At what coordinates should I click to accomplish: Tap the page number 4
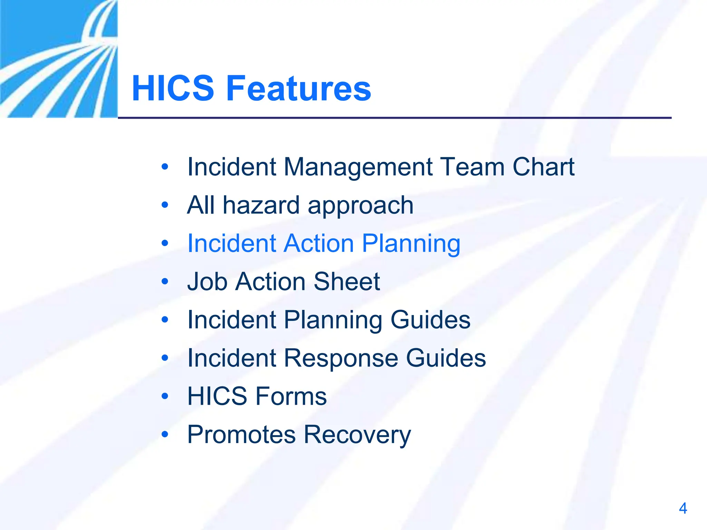click(x=682, y=508)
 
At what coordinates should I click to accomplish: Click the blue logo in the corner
click(x=59, y=59)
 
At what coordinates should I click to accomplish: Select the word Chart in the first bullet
click(x=543, y=167)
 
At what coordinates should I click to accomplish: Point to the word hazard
click(x=261, y=205)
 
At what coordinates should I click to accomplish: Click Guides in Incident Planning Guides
click(x=430, y=320)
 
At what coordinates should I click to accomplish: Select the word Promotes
click(x=241, y=434)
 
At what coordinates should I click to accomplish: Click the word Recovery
click(x=357, y=435)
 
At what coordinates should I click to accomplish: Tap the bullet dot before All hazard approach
click(x=165, y=205)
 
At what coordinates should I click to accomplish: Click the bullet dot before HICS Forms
click(x=165, y=396)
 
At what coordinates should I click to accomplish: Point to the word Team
click(x=472, y=167)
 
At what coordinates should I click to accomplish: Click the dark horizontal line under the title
click(x=395, y=118)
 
